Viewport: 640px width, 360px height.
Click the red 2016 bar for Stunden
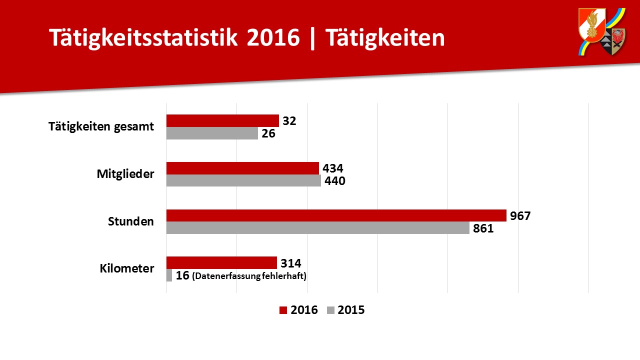[x=336, y=215]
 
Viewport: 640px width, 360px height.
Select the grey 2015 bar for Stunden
[x=317, y=228]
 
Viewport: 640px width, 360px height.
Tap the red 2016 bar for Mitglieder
[x=242, y=168]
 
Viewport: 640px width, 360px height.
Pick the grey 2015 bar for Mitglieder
[x=243, y=180]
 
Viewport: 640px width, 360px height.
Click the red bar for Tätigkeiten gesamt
[x=222, y=120]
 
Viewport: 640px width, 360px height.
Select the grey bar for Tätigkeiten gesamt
[x=212, y=133]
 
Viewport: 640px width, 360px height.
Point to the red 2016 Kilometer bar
[x=221, y=262]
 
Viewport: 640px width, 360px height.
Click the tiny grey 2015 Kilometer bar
[x=169, y=275]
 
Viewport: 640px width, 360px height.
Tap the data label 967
[x=520, y=216]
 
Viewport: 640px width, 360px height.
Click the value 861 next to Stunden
[x=483, y=228]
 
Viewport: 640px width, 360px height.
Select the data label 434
[x=333, y=168]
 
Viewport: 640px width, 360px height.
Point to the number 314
[x=290, y=263]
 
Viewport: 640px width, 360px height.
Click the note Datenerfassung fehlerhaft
[x=249, y=276]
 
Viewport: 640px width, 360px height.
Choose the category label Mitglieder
[x=125, y=174]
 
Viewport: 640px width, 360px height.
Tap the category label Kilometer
[x=127, y=268]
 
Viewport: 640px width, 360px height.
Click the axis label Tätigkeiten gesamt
[x=101, y=126]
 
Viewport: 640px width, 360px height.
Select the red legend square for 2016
[x=283, y=310]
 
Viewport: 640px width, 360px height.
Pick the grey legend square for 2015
[x=330, y=310]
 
